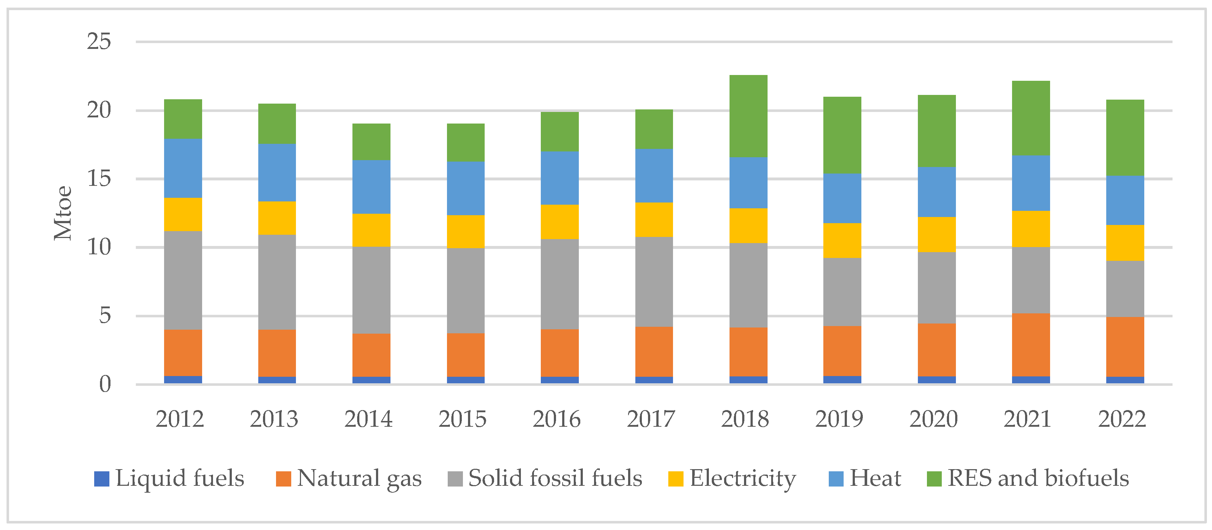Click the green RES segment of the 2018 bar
pyautogui.click(x=748, y=116)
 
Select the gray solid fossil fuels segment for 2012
pyautogui.click(x=183, y=280)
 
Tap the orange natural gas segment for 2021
pyautogui.click(x=1031, y=345)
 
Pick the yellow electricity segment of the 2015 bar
pyautogui.click(x=465, y=231)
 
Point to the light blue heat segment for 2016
pyautogui.click(x=559, y=178)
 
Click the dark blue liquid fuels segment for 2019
pyautogui.click(x=842, y=379)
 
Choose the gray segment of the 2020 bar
pyautogui.click(x=936, y=288)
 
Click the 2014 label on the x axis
pyautogui.click(x=368, y=419)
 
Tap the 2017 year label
pyautogui.click(x=651, y=419)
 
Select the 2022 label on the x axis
pyautogui.click(x=1122, y=419)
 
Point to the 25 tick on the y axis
pyautogui.click(x=99, y=42)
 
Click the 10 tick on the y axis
pyautogui.click(x=99, y=247)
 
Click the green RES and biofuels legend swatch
pyautogui.click(x=934, y=479)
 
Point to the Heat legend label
pyautogui.click(x=875, y=478)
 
